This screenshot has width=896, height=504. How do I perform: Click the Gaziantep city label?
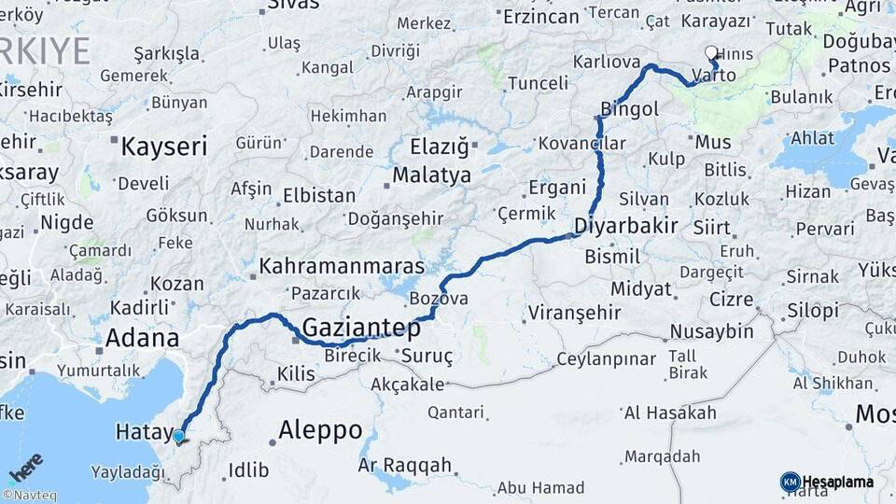coord(361,328)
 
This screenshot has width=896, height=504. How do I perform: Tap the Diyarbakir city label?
coord(625,226)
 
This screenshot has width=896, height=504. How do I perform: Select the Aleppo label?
coord(321,430)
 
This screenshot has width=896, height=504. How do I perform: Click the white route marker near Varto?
coord(712,53)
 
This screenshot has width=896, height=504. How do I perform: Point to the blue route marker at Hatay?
coord(178,436)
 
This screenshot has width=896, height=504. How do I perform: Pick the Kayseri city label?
coord(164,147)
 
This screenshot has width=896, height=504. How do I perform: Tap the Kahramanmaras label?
coord(342,266)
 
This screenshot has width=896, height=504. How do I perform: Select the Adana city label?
coord(142,338)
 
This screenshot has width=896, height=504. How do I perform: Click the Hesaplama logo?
coord(827,482)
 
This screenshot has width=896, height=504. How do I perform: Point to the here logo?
coord(26,466)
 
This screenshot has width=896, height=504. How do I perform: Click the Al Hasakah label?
coord(670,413)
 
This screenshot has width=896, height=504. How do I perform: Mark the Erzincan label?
coord(541,17)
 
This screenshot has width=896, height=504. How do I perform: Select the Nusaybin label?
coord(712,331)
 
